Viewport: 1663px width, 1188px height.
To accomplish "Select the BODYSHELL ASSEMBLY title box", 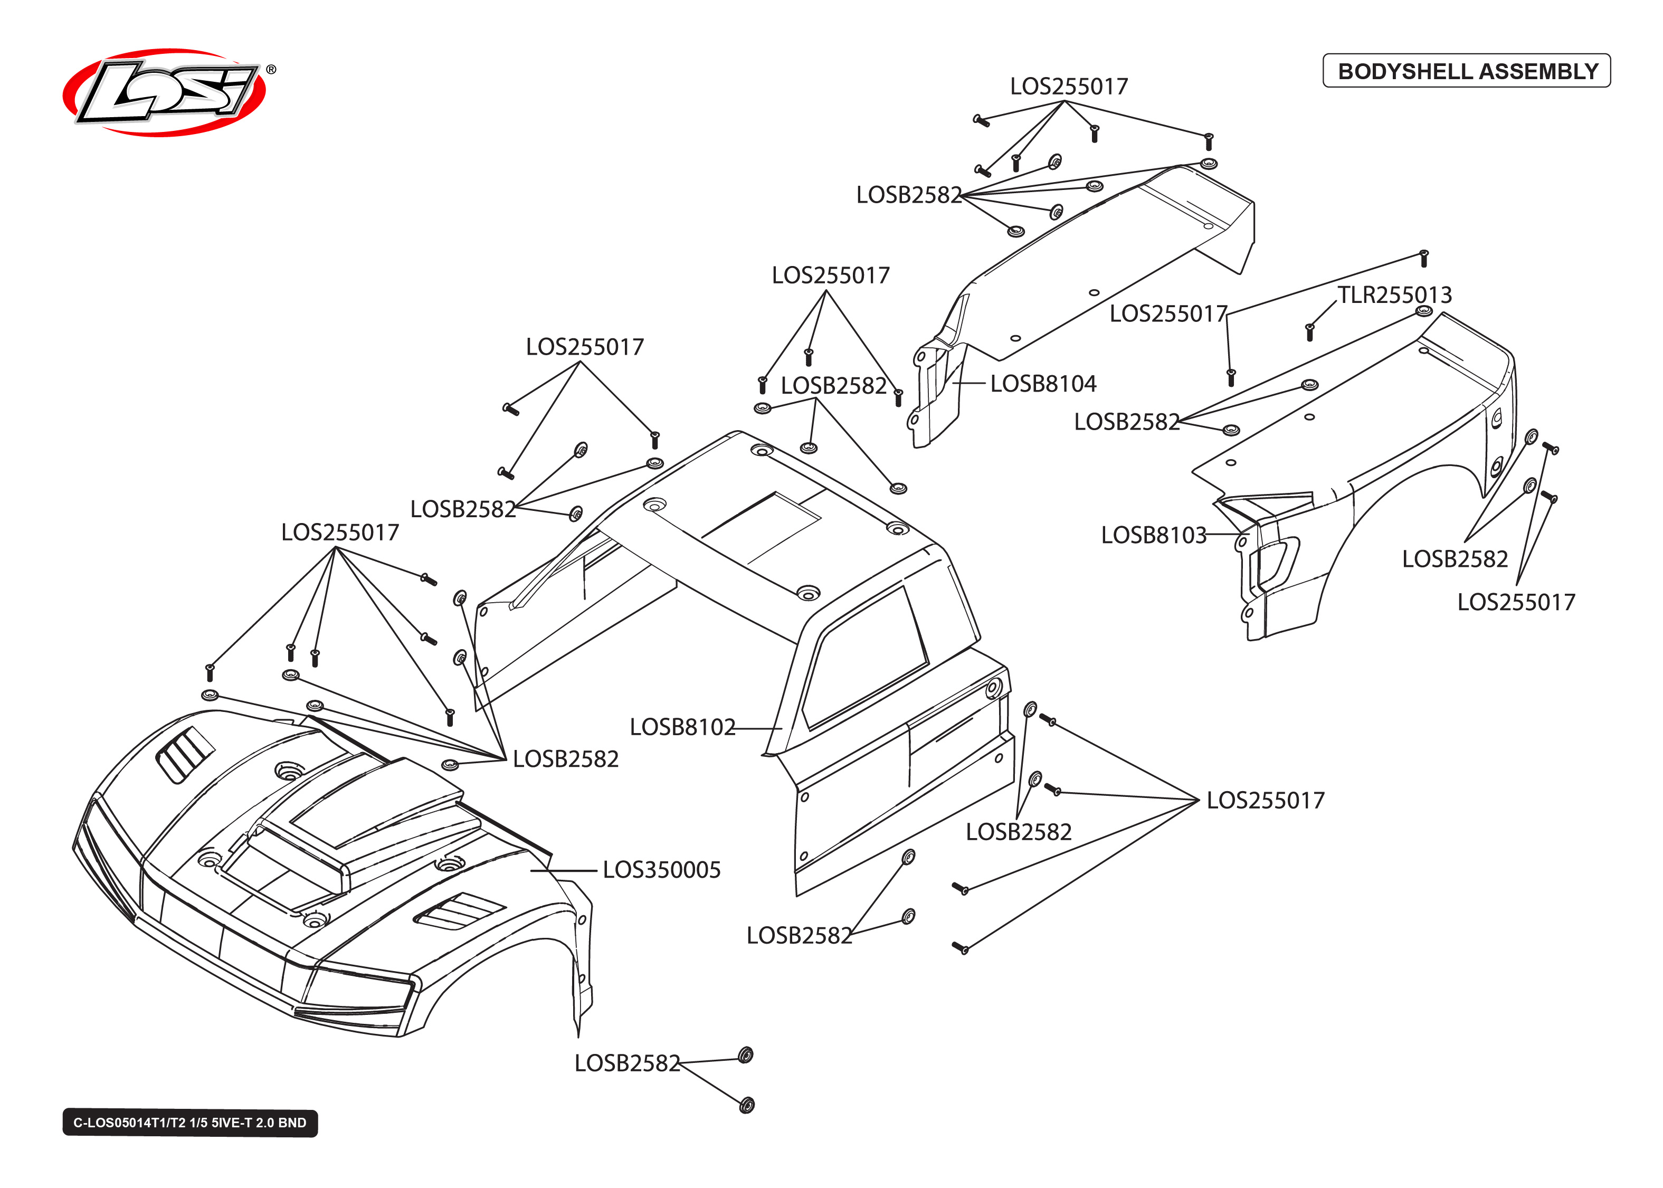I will pos(1466,71).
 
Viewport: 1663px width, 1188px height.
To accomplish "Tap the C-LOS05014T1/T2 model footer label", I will pos(189,1122).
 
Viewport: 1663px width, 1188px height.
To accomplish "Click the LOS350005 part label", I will pos(661,870).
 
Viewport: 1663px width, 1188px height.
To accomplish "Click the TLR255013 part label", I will pos(1394,295).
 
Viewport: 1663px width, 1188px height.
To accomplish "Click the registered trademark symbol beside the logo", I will pos(271,70).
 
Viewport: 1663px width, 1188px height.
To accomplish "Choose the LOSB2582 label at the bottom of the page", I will pos(627,1063).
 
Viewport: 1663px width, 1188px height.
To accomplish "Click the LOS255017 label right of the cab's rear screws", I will pos(1265,800).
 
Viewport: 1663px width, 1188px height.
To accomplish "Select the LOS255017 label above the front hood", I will pos(340,533).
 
